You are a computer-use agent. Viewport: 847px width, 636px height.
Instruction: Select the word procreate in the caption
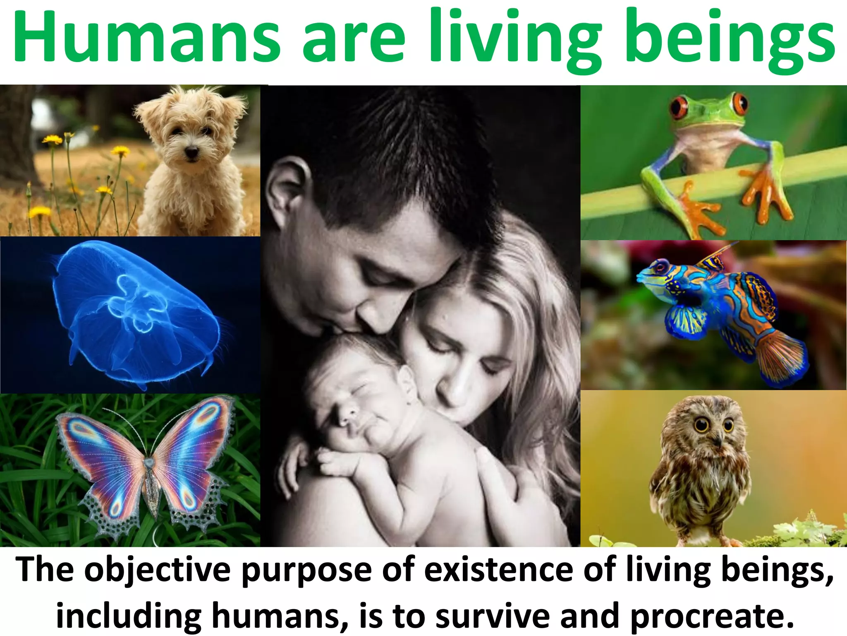tap(711, 616)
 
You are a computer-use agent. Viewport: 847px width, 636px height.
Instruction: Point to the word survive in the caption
tap(493, 616)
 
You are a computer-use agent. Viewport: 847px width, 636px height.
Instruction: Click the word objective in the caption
tap(158, 571)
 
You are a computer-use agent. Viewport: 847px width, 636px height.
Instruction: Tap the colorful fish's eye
tap(660, 266)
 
